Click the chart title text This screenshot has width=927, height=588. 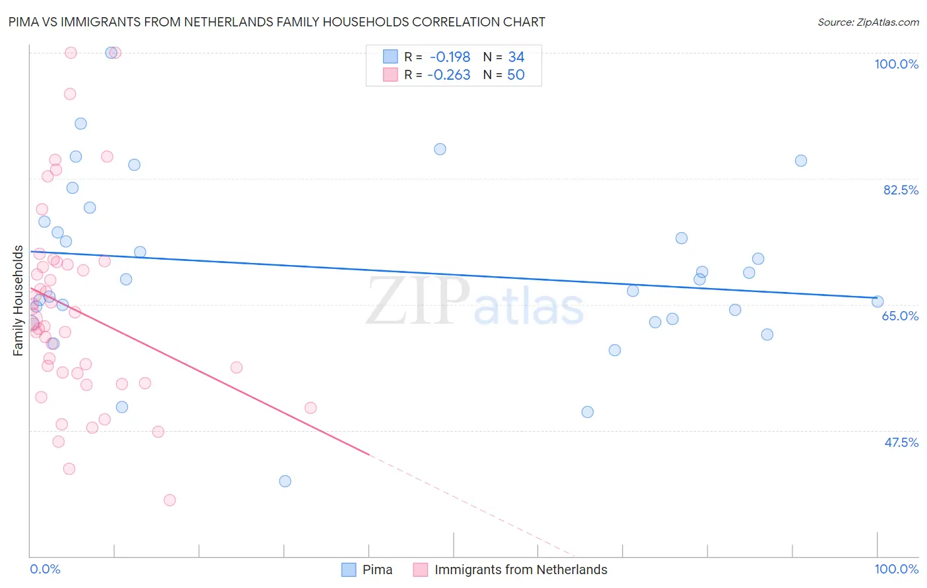[x=277, y=22]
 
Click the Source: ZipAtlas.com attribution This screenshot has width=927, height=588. [x=868, y=22]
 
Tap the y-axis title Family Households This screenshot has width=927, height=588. [x=18, y=301]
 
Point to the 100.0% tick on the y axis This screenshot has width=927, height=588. [x=896, y=64]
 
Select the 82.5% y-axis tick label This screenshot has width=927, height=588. [x=901, y=190]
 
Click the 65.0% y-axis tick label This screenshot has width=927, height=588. [x=900, y=316]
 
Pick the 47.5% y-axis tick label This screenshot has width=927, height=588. [x=901, y=442]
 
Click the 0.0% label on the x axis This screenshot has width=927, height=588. [x=45, y=569]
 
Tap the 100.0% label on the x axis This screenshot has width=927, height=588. [x=896, y=569]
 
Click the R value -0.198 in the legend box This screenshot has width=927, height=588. [x=450, y=57]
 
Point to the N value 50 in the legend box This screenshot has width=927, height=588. [x=516, y=75]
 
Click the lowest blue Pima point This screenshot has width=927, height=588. [x=285, y=481]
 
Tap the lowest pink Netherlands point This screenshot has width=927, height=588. [x=169, y=500]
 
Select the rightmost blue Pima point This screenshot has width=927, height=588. [x=878, y=301]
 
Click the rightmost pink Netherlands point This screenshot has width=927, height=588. [x=311, y=408]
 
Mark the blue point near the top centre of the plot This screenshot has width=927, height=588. [x=440, y=149]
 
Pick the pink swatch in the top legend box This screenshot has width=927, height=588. [x=390, y=75]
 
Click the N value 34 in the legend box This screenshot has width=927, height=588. [x=516, y=57]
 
